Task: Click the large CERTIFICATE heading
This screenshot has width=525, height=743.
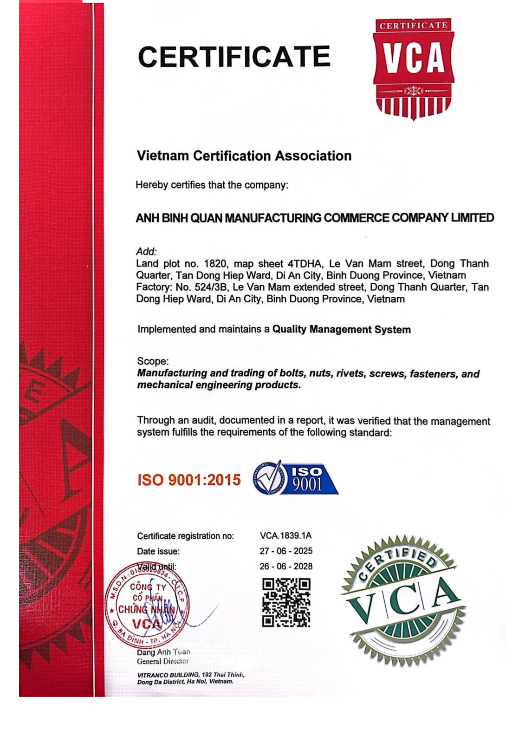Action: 234,57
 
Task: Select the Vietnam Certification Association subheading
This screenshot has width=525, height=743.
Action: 244,156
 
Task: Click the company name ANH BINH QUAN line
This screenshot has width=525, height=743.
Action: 314,217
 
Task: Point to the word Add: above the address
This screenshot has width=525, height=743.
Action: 146,251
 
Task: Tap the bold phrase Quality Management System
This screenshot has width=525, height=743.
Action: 341,329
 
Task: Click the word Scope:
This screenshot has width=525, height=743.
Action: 153,361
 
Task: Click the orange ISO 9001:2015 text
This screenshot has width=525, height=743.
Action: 189,479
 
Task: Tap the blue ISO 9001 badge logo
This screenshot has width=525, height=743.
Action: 296,478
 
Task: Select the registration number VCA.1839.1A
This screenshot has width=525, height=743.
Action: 285,535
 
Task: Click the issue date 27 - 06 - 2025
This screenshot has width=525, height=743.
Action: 286,551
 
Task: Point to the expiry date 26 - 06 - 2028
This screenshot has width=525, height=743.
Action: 286,566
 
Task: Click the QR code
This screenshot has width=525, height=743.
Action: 286,602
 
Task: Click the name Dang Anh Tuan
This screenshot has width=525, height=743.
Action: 163,652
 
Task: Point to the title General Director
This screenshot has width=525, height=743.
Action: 162,661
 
